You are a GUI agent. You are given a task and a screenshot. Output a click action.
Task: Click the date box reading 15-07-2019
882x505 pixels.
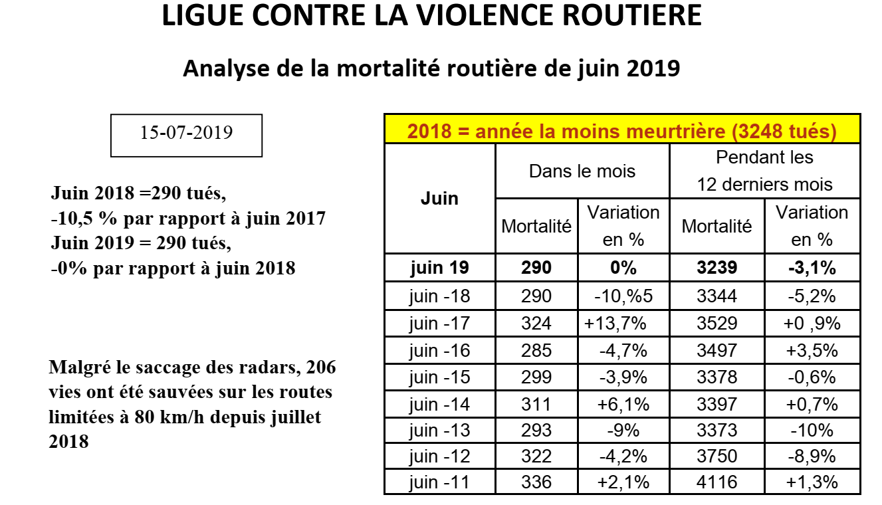click(186, 136)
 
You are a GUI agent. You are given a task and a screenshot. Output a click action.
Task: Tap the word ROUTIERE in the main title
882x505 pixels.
click(631, 15)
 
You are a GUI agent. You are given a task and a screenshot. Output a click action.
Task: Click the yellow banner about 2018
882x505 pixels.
click(622, 129)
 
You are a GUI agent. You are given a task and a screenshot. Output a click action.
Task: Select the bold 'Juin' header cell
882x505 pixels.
click(439, 199)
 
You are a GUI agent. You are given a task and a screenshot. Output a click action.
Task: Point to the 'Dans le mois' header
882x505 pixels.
click(582, 171)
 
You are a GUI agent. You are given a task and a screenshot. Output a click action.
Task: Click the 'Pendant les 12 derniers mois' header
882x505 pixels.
click(764, 171)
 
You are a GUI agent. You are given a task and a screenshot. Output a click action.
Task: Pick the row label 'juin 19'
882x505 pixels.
click(439, 268)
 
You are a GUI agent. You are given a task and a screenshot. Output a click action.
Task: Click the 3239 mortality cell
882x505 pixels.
click(717, 268)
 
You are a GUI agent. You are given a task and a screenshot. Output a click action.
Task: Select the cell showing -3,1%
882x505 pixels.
click(812, 268)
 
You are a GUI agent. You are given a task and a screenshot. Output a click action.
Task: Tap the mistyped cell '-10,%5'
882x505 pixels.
click(623, 296)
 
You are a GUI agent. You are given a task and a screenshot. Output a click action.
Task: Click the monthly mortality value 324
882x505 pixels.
click(536, 323)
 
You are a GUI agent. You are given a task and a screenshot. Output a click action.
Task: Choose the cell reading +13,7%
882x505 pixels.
click(615, 323)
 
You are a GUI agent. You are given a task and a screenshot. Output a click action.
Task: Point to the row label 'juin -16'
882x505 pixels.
click(439, 350)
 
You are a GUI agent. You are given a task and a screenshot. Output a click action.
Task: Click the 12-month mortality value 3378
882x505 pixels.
click(717, 377)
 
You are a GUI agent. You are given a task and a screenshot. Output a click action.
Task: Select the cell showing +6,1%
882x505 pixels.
click(623, 404)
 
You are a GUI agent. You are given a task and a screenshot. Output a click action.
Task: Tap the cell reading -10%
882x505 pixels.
click(812, 430)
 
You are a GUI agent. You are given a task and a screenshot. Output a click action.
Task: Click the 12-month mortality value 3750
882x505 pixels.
click(717, 456)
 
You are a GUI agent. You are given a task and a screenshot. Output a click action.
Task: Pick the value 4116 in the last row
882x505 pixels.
click(717, 482)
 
